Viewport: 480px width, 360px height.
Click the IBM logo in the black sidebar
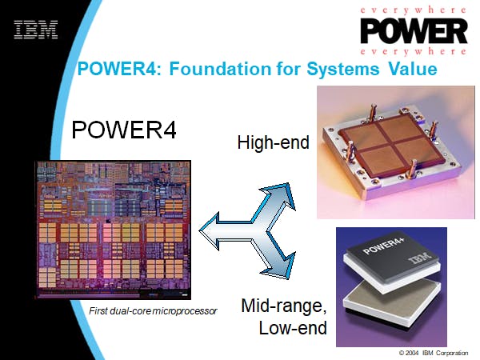[36, 30]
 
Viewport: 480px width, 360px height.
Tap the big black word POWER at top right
[414, 31]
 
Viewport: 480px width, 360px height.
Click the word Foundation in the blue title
[221, 69]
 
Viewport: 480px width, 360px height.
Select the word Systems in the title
[343, 69]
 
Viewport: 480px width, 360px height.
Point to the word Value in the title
[413, 69]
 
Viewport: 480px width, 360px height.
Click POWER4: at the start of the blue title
[119, 69]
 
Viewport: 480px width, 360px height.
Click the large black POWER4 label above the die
[124, 130]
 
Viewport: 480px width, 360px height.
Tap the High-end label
[274, 142]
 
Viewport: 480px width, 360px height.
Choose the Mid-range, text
[284, 306]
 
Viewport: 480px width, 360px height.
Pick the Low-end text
[293, 328]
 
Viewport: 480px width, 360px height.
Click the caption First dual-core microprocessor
[153, 311]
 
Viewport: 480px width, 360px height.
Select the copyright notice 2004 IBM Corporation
[434, 353]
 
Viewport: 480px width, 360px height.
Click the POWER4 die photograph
[114, 230]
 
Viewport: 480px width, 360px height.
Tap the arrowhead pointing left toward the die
[210, 230]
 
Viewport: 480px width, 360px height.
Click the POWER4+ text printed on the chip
[384, 246]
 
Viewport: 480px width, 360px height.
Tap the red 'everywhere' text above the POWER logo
[414, 10]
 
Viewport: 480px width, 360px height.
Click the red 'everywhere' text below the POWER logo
[414, 51]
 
